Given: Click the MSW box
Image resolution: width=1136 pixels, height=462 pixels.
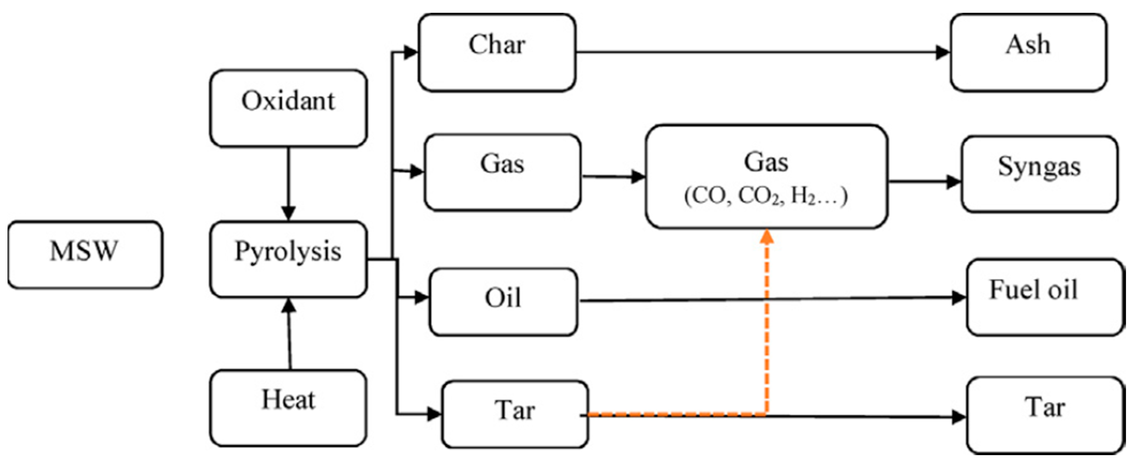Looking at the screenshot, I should [85, 255].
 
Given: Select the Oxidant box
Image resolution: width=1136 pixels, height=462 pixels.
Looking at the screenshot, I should [288, 108].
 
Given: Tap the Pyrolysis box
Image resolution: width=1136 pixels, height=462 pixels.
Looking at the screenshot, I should [288, 259].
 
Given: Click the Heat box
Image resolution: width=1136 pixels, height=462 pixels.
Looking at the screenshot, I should [288, 407].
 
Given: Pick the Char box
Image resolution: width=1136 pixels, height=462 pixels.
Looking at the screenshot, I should [497, 52].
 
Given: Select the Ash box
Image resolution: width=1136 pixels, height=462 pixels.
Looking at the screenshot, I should [1028, 52].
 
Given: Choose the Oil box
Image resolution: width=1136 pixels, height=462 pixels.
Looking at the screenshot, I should [503, 302].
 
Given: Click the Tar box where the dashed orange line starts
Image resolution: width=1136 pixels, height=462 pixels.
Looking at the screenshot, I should [515, 413].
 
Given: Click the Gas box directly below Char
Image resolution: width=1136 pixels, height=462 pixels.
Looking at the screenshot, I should [502, 172].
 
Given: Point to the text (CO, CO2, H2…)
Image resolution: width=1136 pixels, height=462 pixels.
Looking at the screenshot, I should [766, 196].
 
